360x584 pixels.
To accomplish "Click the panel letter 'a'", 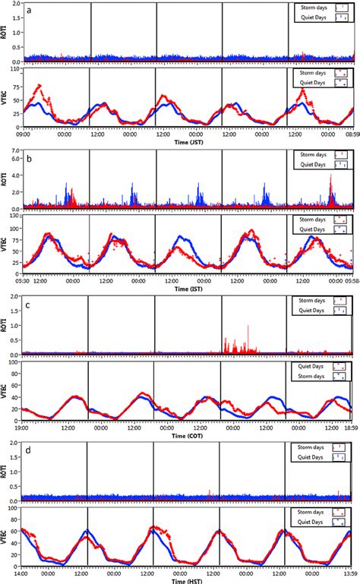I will pyautogui.click(x=28, y=10).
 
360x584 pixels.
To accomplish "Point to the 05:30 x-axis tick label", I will pyautogui.click(x=21, y=279).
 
